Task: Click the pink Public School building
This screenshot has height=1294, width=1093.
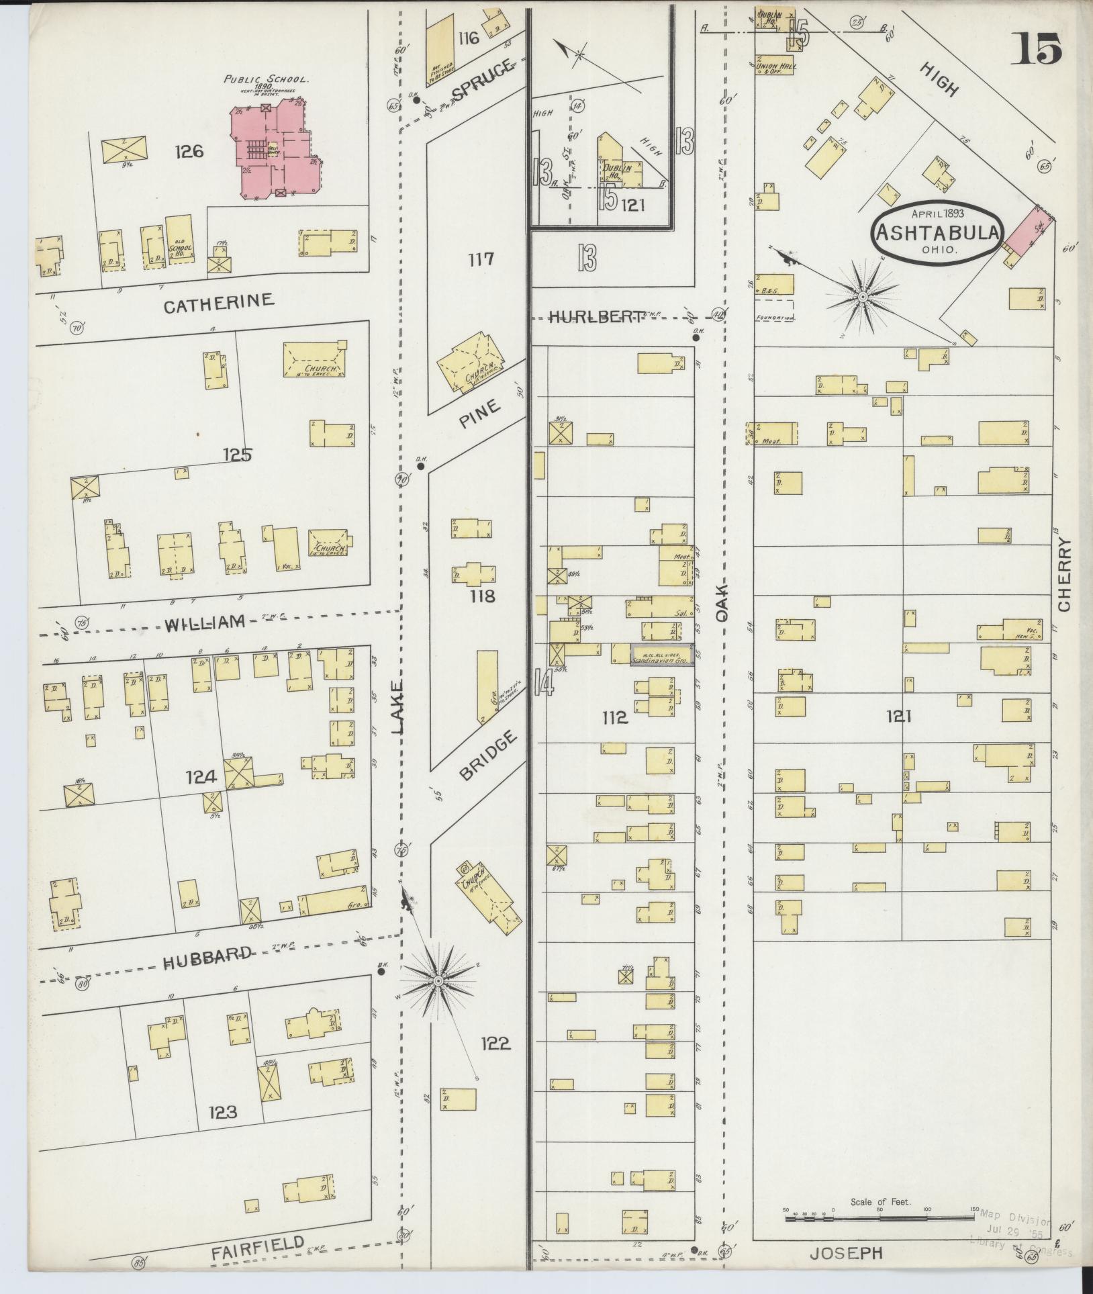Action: (275, 148)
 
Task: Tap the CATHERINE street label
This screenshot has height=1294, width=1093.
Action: (219, 302)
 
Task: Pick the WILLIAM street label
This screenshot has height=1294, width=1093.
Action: (205, 624)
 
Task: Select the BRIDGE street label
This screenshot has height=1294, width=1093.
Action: (488, 756)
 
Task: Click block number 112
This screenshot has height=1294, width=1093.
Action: (615, 718)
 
